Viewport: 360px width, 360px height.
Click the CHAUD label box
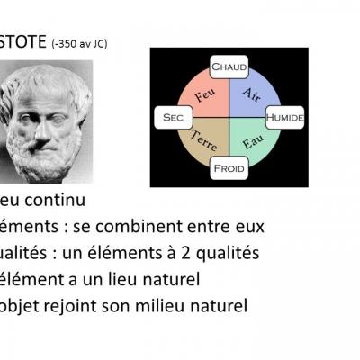[x=229, y=67]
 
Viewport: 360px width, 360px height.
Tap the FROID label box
[x=229, y=167]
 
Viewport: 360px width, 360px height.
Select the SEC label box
[x=171, y=117]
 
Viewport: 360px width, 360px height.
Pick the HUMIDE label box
[x=286, y=117]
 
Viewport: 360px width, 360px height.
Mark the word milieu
[x=169, y=307]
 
